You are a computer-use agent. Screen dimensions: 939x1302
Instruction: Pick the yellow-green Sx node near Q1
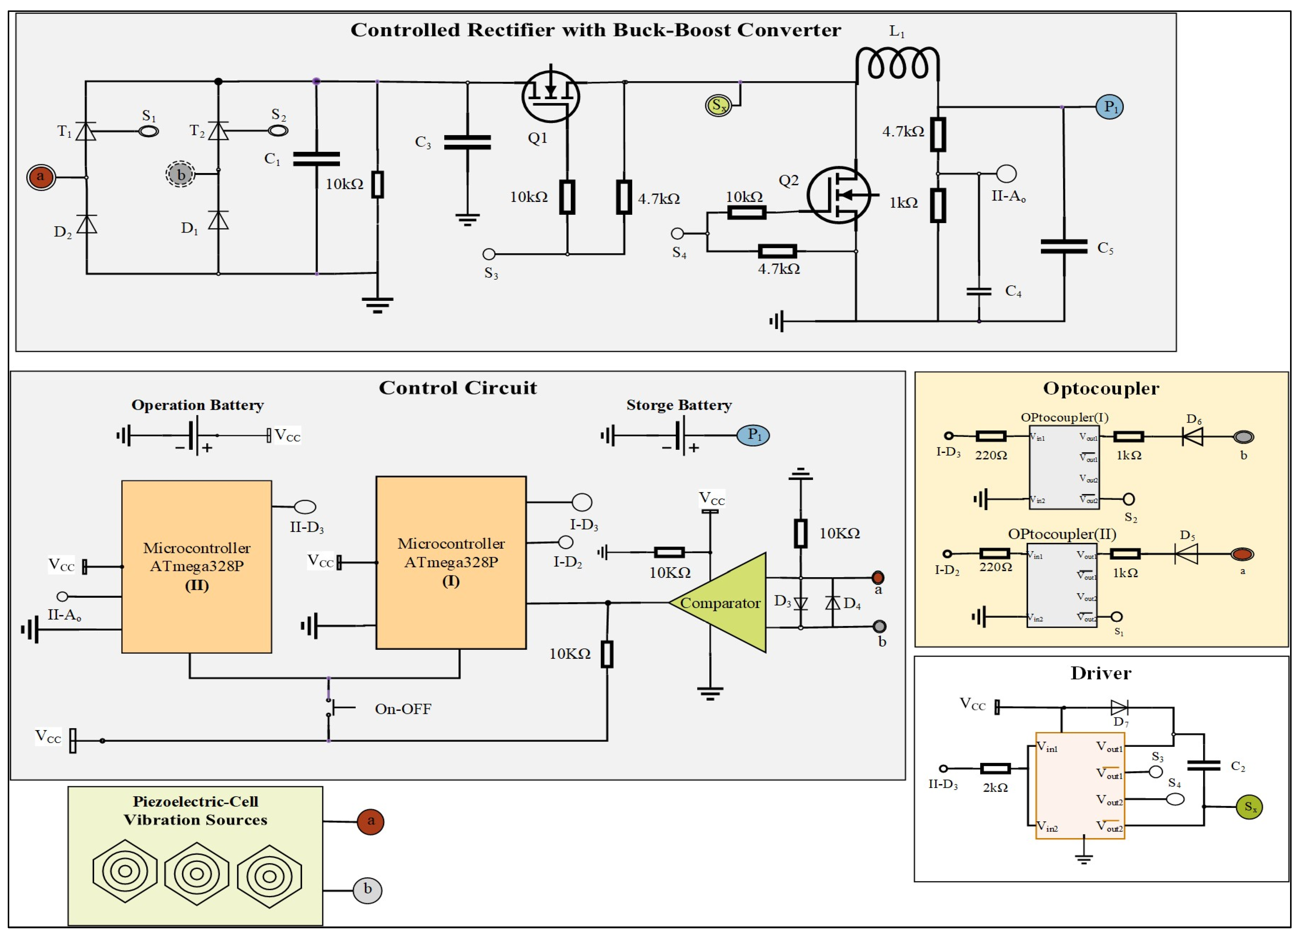coord(718,106)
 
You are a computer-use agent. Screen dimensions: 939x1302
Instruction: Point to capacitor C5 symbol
coord(1064,247)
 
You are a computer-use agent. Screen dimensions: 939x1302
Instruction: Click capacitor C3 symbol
coord(467,142)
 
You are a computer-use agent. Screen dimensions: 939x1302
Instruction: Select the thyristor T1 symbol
coord(86,131)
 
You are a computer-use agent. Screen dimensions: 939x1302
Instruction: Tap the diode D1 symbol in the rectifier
coord(218,220)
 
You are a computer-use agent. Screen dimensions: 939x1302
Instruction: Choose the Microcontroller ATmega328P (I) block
coord(451,563)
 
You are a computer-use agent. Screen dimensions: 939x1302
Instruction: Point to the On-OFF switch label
coord(403,709)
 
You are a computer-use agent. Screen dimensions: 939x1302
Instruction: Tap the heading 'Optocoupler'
coord(1101,389)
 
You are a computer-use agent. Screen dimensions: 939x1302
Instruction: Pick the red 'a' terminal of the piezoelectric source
coord(370,821)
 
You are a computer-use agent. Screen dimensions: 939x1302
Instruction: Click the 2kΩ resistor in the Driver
coord(995,769)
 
